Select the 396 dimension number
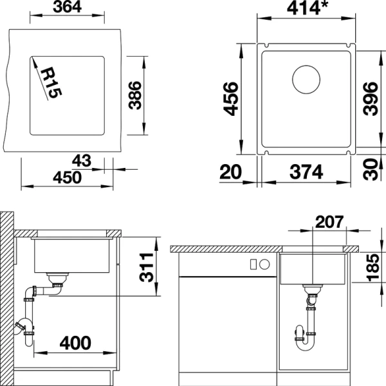(370, 98)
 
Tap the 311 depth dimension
(148, 266)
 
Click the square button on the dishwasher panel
(253, 263)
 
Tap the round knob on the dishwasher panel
(264, 263)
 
